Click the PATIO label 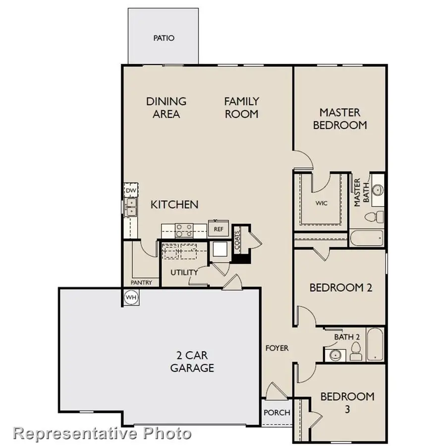pos(164,38)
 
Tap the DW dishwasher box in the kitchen pos(130,191)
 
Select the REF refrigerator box pos(218,229)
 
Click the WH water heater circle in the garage pos(131,297)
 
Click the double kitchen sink pos(131,207)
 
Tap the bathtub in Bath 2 pos(375,344)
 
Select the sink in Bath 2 pos(335,355)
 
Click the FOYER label pos(277,348)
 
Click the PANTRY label pos(141,282)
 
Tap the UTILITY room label pos(184,273)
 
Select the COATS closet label pos(237,239)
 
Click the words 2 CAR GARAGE pos(192,362)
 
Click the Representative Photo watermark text pos(102,433)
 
